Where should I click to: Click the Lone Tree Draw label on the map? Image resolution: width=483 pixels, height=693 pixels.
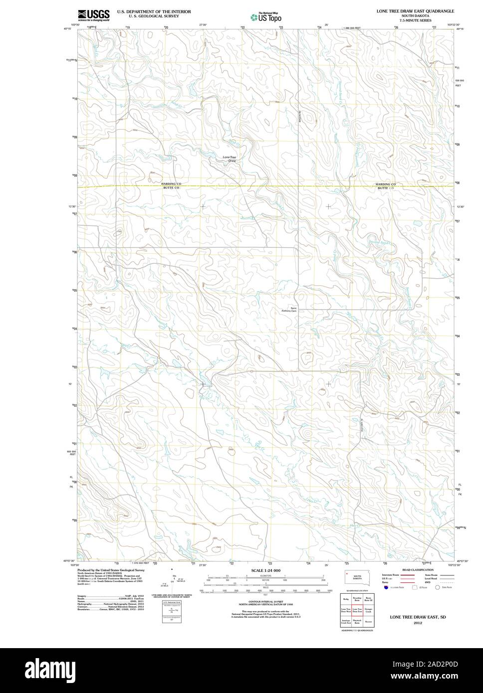(229, 159)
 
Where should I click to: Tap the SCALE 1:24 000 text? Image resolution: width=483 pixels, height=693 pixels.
(266, 570)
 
